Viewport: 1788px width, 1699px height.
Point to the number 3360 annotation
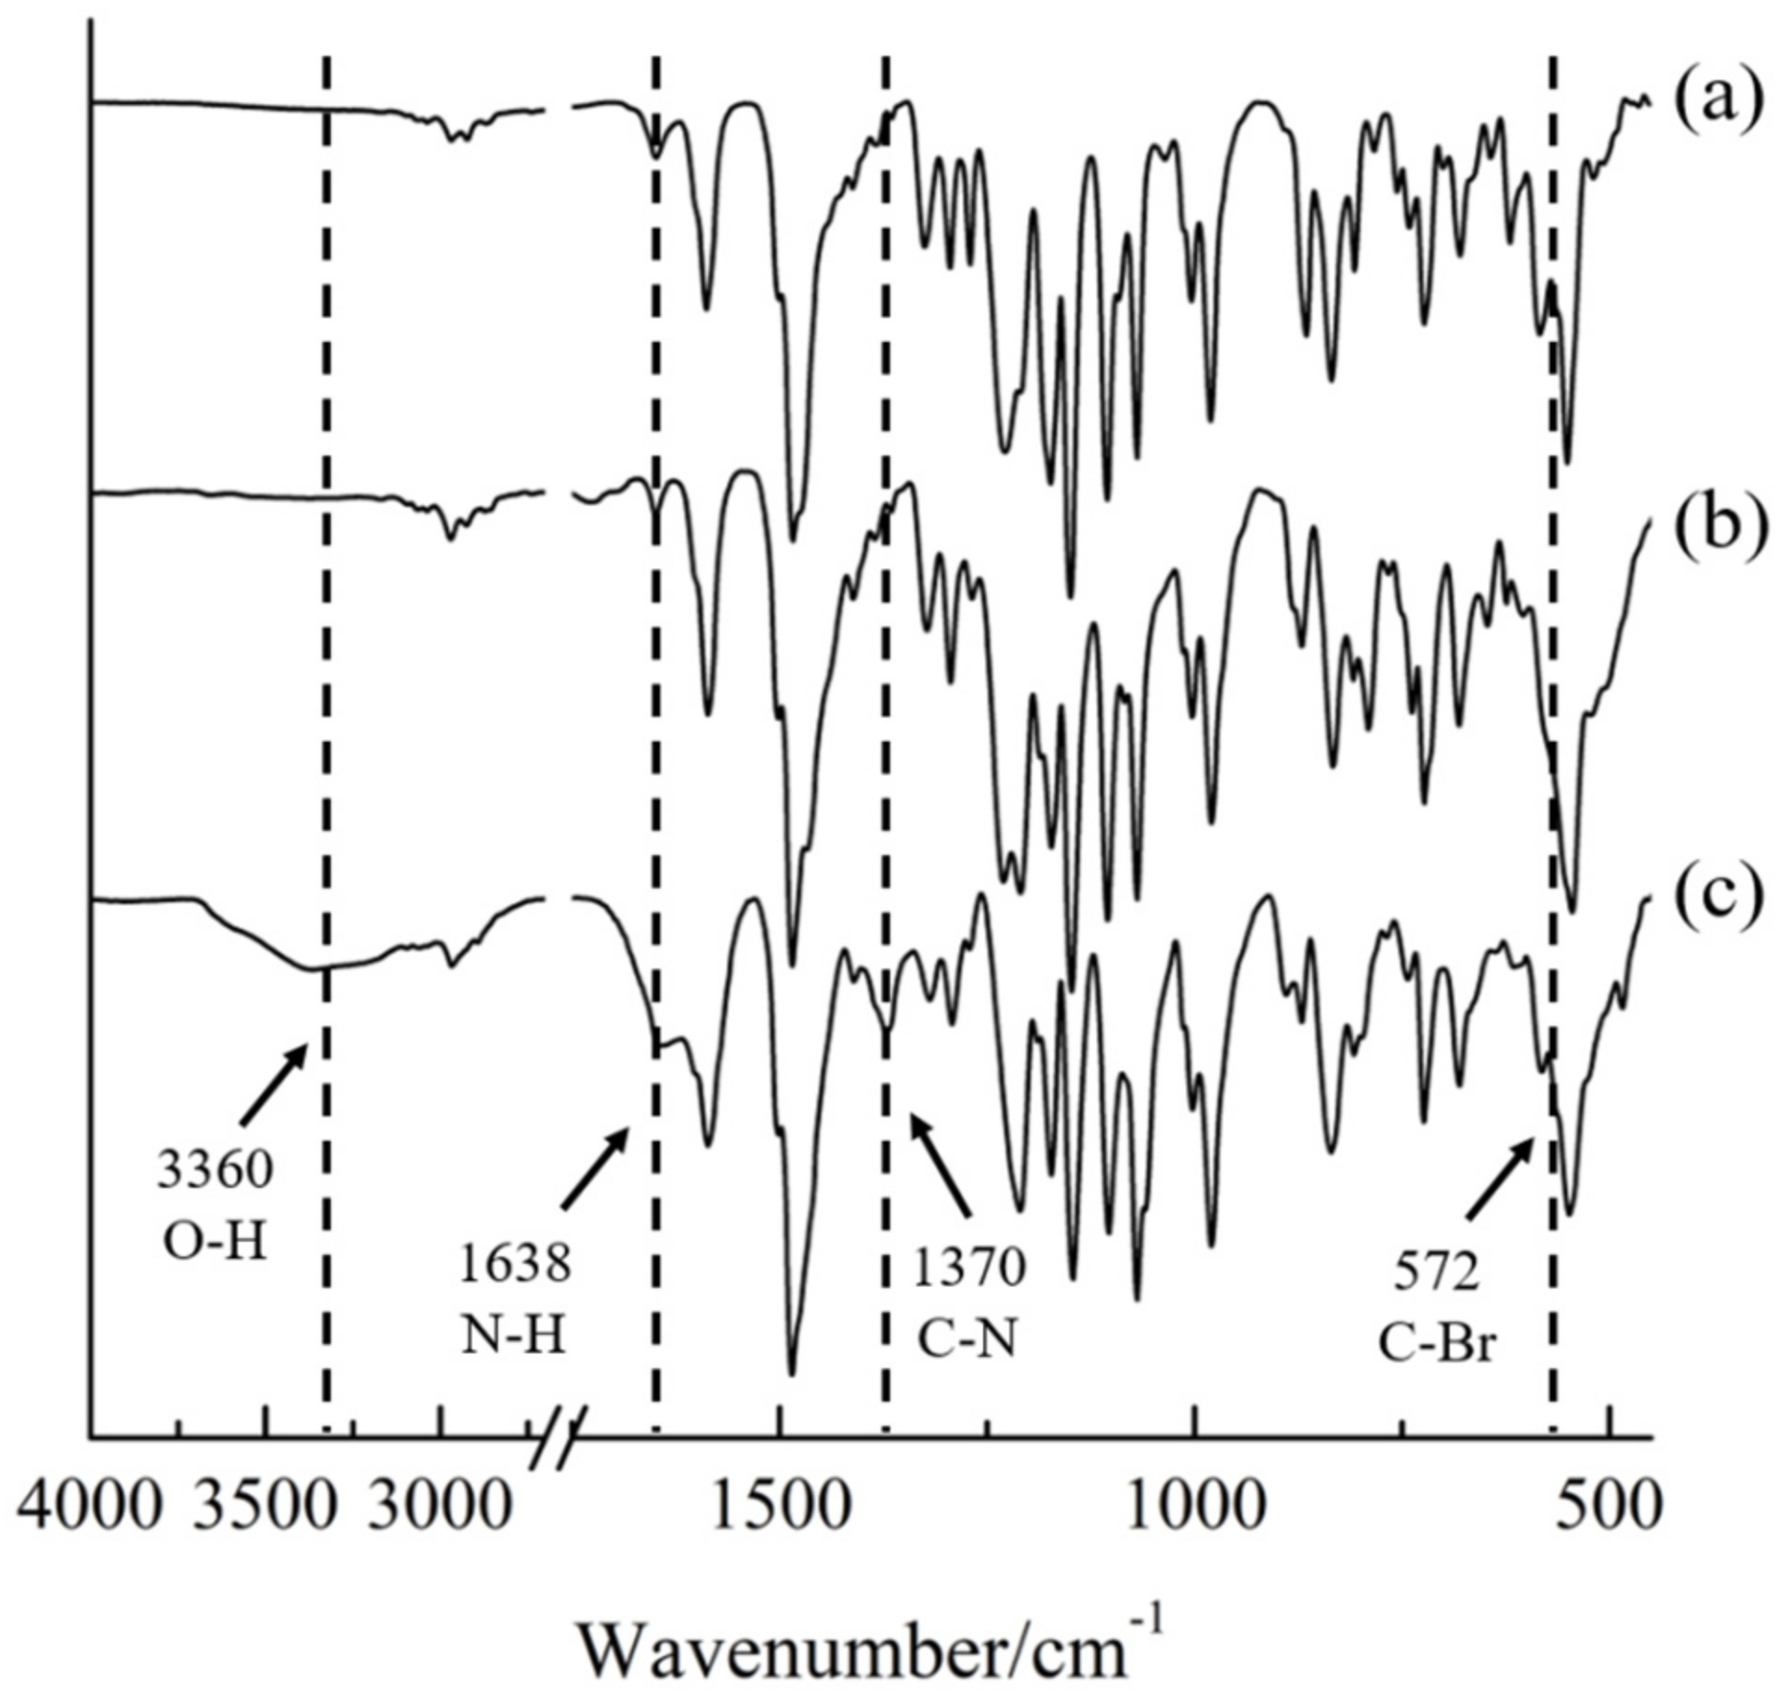click(216, 1170)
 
